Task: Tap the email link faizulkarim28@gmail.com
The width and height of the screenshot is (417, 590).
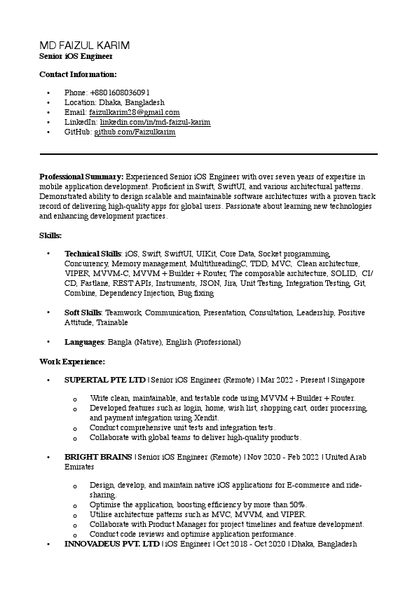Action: coord(134,112)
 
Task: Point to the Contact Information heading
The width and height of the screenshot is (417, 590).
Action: coord(78,74)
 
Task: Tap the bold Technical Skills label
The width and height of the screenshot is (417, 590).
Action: coord(93,254)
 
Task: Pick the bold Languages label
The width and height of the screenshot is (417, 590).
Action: coord(85,342)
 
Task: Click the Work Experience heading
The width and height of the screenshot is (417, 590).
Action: coord(72,362)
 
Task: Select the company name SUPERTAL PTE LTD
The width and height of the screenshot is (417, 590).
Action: coord(105,380)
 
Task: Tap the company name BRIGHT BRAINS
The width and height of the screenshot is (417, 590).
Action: coord(98,457)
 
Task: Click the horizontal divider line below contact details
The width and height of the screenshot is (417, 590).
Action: coord(208,153)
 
